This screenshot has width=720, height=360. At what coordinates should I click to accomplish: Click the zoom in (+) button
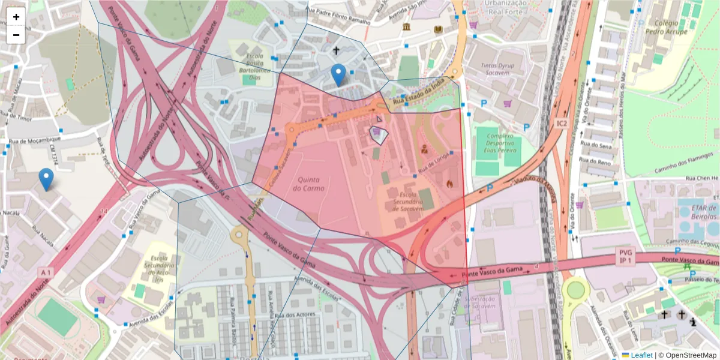tap(16, 17)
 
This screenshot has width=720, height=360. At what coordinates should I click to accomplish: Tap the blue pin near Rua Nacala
tap(46, 179)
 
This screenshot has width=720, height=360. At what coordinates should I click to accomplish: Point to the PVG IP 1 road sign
tap(626, 257)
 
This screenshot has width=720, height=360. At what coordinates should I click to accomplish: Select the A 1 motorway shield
tap(45, 272)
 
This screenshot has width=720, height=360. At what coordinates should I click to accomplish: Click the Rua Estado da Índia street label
tap(420, 96)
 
